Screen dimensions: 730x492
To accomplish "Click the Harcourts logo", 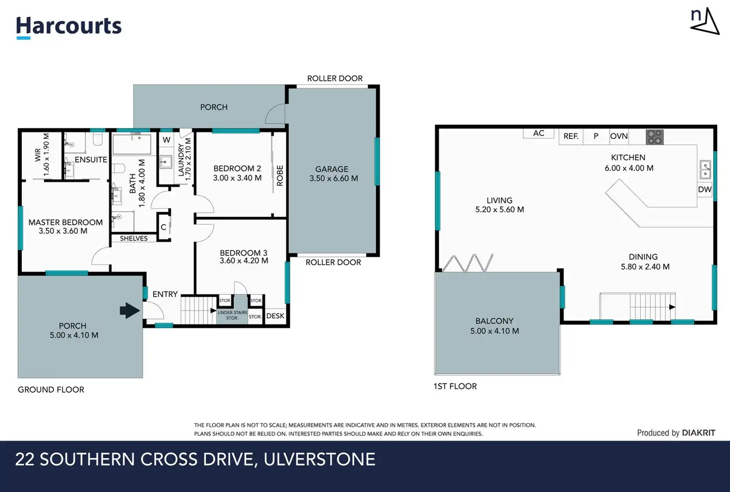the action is (x=69, y=28).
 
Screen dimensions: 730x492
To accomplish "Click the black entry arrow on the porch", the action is (x=130, y=310).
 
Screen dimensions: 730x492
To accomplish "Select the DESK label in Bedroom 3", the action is (x=275, y=316).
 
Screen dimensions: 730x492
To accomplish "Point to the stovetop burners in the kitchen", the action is (x=655, y=137).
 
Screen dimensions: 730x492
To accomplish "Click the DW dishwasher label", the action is (x=705, y=189).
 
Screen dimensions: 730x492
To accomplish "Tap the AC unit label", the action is (x=539, y=133).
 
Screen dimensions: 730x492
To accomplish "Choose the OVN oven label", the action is (x=619, y=136).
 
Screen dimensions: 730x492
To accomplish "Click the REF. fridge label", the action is (x=571, y=136).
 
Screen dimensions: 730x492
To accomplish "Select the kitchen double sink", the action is (x=706, y=170).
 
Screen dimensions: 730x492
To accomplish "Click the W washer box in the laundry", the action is (x=167, y=140).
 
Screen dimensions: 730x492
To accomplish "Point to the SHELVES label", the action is (x=133, y=239).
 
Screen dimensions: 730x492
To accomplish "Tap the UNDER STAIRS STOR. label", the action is (x=233, y=315).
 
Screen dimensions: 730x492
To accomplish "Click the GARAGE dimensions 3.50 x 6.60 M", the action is (x=334, y=179).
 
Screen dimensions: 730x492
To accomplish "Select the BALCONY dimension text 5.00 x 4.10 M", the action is (x=494, y=331).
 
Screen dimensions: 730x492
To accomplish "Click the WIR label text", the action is (x=38, y=155).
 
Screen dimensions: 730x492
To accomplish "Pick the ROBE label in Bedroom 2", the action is (x=280, y=176).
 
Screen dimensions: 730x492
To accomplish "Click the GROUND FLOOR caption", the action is (x=51, y=390).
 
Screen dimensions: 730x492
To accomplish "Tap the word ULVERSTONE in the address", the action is (x=319, y=459).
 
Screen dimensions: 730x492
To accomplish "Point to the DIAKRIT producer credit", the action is (x=699, y=433).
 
